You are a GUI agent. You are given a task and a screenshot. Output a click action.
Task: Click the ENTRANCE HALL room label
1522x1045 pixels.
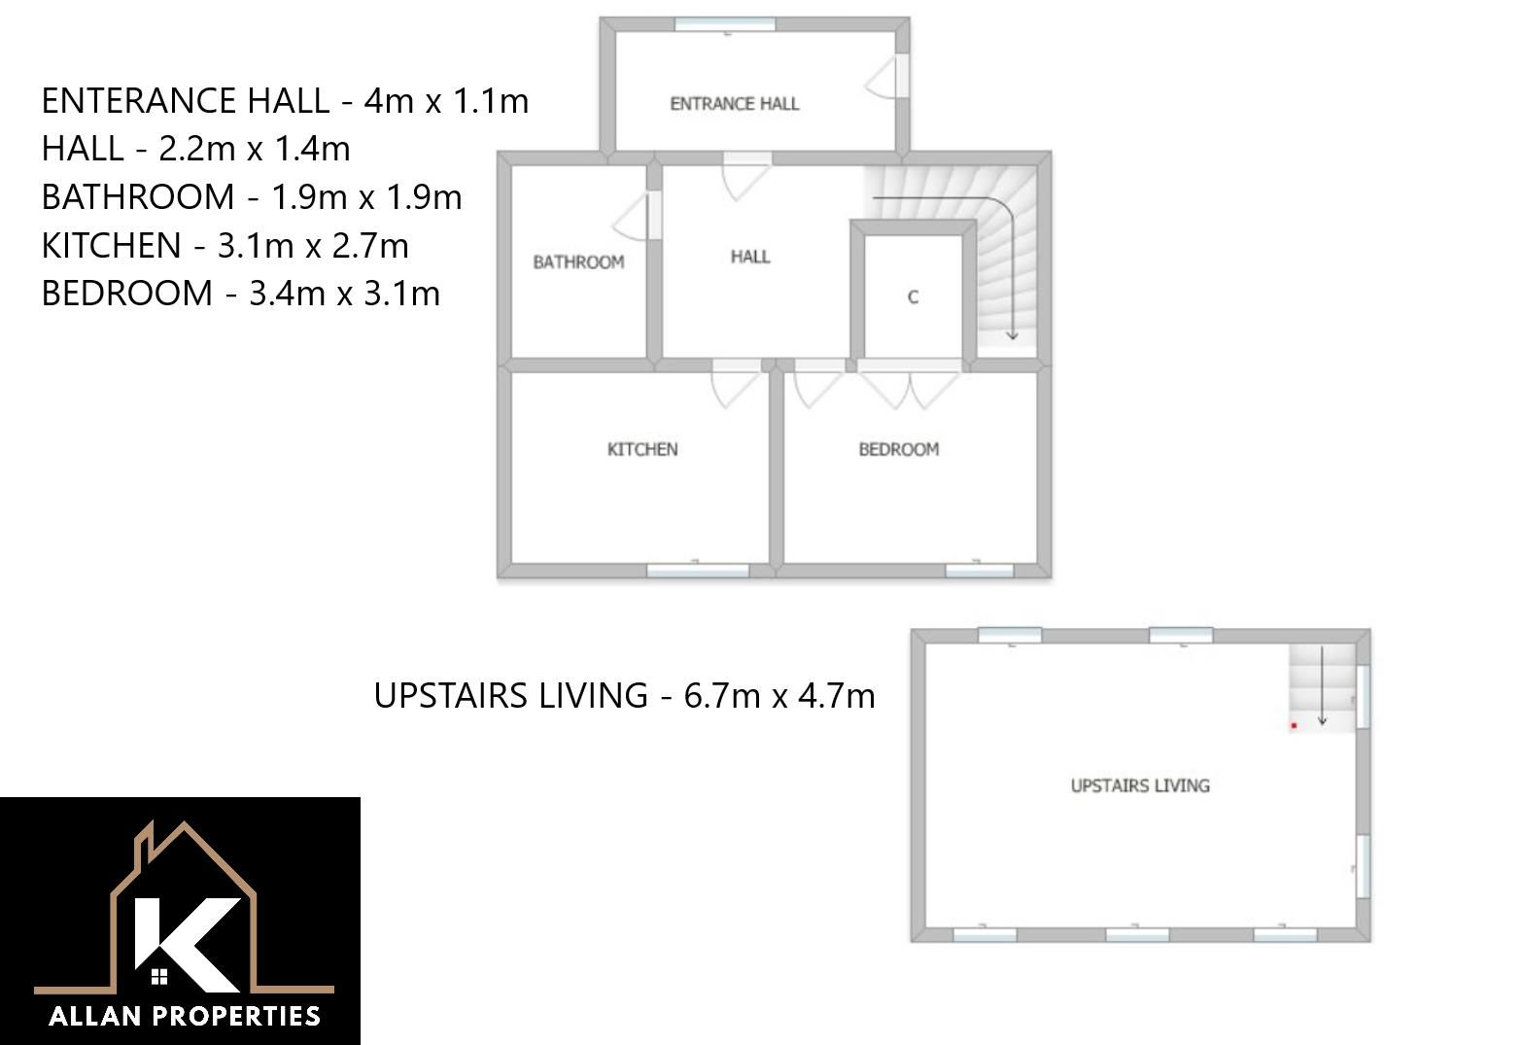tap(734, 104)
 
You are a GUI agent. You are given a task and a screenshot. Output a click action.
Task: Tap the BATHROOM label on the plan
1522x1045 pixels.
tap(578, 261)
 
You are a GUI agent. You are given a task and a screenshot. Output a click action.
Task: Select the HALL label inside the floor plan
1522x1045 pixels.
tap(750, 257)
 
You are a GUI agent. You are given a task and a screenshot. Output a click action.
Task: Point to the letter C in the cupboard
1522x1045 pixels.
tap(913, 297)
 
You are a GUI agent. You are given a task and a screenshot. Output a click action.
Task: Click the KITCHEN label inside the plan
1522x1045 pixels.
tap(642, 449)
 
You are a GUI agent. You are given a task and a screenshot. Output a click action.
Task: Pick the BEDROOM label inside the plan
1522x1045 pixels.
tap(899, 449)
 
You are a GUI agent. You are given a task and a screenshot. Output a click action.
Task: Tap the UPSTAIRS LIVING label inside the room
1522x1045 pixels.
tap(1140, 785)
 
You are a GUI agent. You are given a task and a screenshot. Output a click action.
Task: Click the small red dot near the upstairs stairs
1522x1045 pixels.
tap(1294, 725)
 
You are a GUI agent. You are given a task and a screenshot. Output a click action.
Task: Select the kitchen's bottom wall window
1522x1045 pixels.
tap(697, 571)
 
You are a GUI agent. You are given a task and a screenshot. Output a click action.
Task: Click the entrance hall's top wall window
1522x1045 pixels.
tap(725, 24)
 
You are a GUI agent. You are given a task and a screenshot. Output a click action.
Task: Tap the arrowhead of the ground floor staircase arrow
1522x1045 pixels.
tap(1012, 335)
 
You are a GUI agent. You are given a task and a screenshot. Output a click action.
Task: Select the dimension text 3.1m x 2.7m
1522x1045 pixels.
tap(313, 245)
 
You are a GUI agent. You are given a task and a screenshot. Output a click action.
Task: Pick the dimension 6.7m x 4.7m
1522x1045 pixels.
tap(779, 695)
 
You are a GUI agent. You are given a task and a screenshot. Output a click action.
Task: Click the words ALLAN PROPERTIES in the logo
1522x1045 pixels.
tap(185, 1016)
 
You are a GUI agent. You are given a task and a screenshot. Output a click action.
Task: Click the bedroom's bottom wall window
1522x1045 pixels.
tap(979, 571)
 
